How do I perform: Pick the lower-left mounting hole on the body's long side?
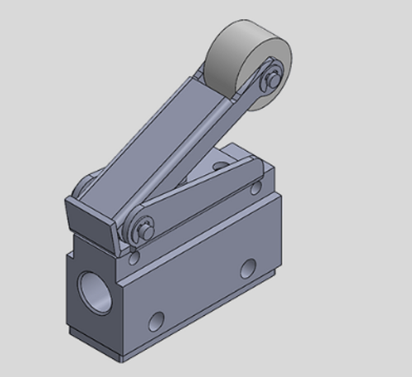157,318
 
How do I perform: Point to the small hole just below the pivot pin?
132,258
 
